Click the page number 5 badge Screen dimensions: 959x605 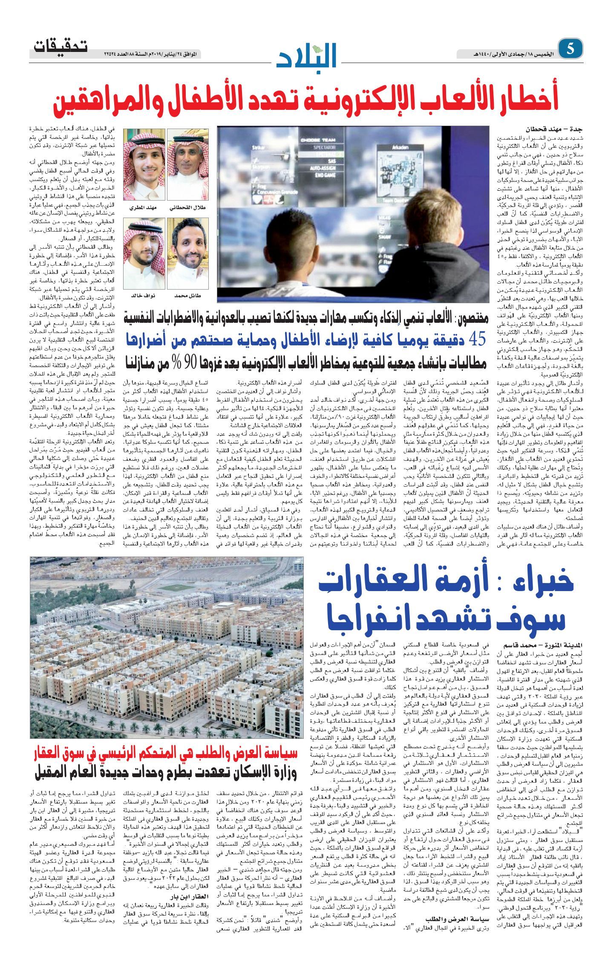[x=570, y=49]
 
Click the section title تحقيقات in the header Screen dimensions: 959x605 [x=60, y=46]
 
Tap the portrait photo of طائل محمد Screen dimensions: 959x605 [x=188, y=253]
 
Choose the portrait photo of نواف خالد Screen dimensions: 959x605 [x=144, y=253]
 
